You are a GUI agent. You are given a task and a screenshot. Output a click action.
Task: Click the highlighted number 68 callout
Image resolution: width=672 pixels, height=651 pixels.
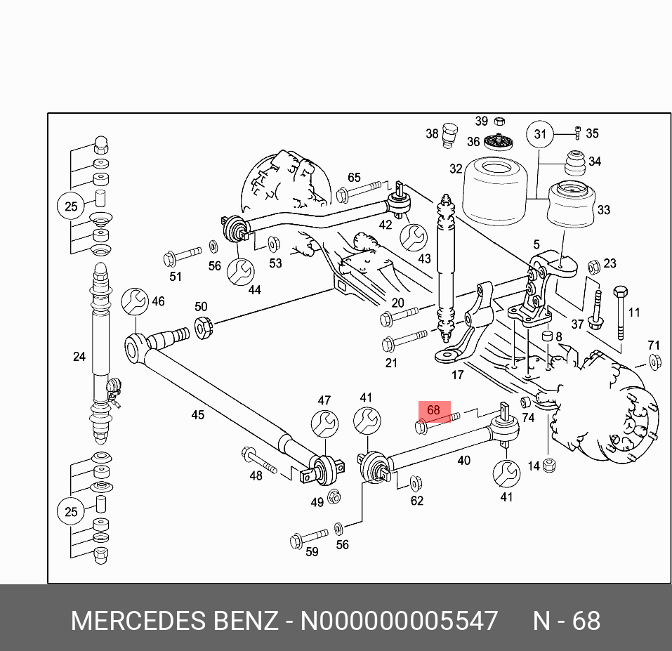pyautogui.click(x=433, y=410)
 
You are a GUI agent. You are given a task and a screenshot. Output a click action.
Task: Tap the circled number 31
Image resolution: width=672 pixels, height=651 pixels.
pyautogui.click(x=539, y=134)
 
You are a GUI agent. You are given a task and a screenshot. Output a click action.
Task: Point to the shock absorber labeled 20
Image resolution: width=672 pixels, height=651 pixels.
pyautogui.click(x=445, y=267)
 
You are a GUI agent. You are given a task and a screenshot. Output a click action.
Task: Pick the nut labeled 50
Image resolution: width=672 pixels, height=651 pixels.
pyautogui.click(x=203, y=328)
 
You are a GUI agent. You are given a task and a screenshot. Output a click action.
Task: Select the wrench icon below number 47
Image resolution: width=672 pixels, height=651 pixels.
pyautogui.click(x=324, y=424)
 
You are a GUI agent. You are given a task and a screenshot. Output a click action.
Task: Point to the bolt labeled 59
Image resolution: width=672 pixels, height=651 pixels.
pyautogui.click(x=308, y=538)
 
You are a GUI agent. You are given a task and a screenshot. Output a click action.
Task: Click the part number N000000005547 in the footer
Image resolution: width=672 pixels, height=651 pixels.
pyautogui.click(x=399, y=622)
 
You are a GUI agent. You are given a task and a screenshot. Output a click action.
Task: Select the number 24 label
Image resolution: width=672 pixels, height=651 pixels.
pyautogui.click(x=79, y=357)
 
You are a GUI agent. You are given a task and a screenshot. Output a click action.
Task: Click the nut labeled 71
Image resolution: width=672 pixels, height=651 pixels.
pyautogui.click(x=654, y=362)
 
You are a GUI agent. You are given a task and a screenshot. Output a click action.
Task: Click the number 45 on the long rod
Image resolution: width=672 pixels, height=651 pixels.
pyautogui.click(x=198, y=415)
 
